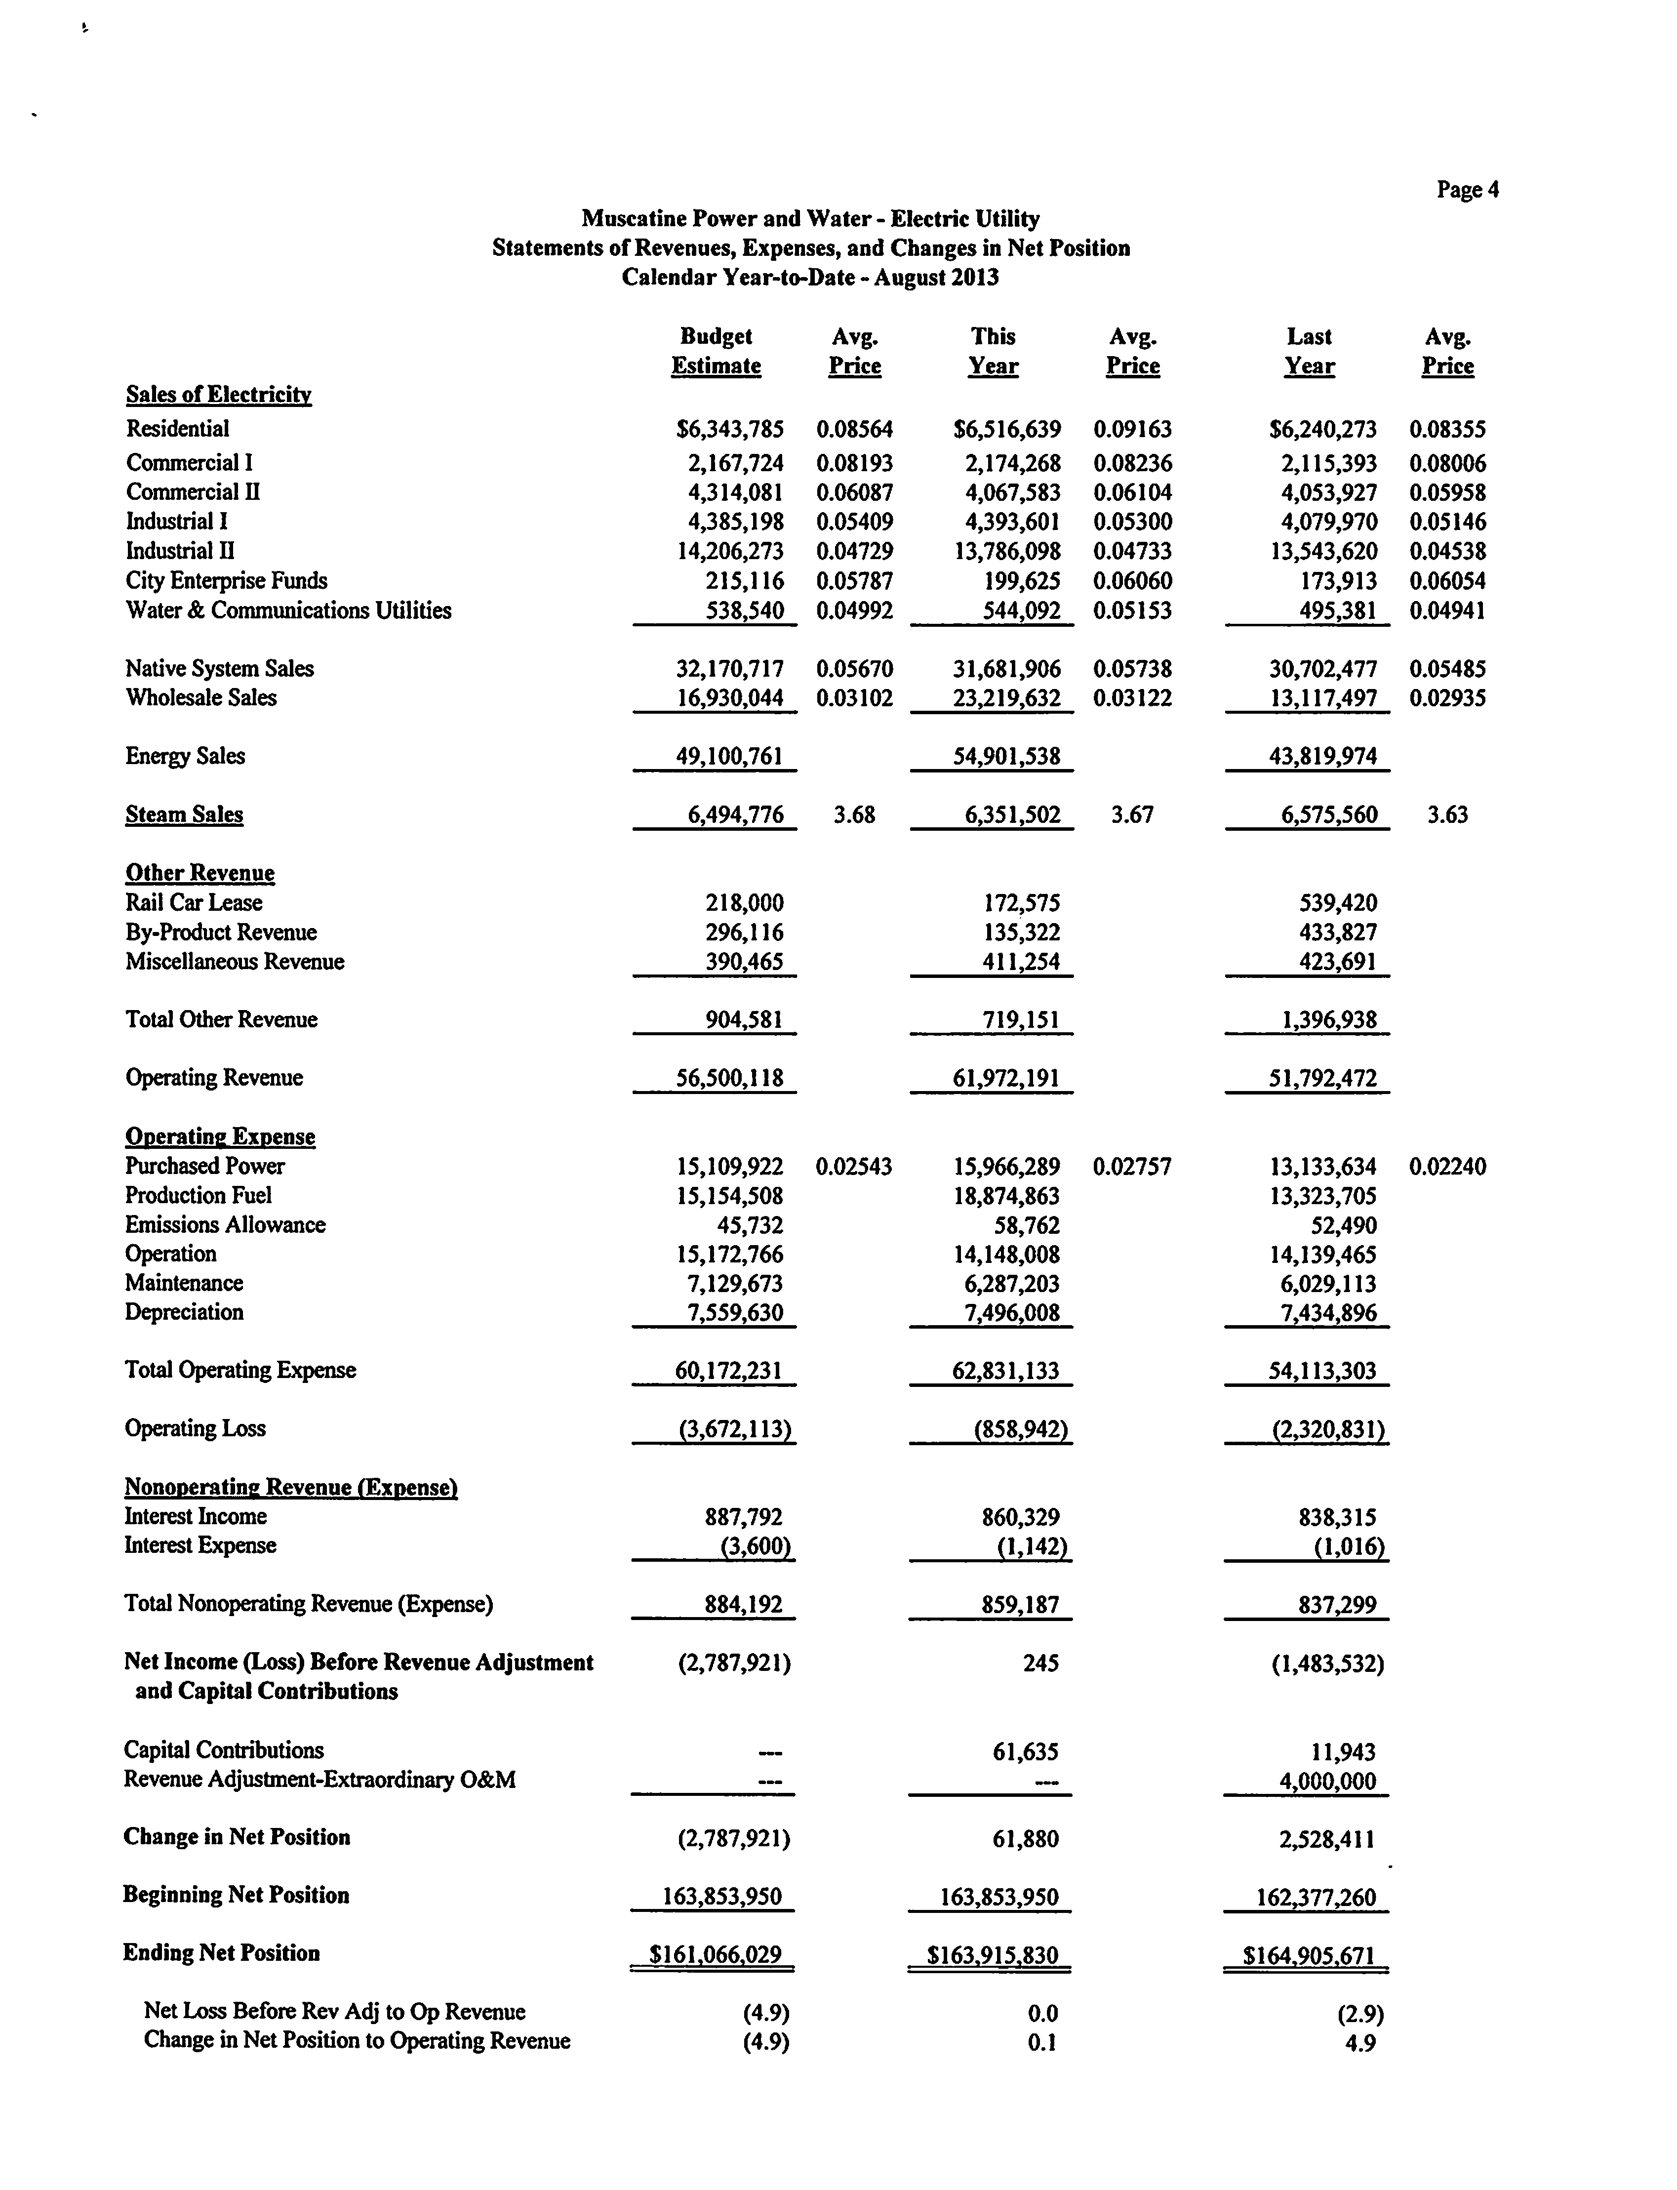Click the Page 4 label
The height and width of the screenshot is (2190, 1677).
[x=1466, y=190]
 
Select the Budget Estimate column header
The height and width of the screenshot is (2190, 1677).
[x=716, y=351]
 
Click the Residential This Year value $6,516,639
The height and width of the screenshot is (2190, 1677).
[x=1007, y=429]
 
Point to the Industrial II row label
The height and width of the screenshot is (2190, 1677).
[x=180, y=551]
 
